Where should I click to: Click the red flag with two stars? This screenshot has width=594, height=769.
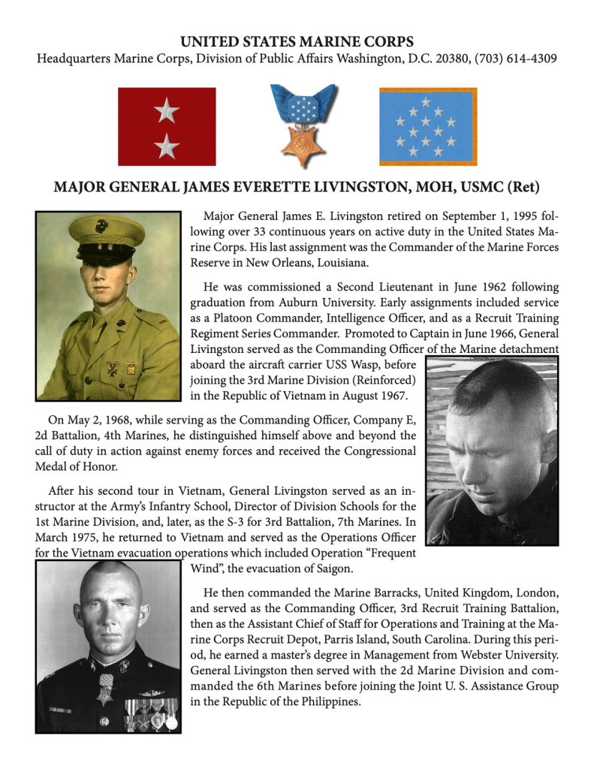(167, 126)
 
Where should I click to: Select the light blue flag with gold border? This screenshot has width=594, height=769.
(427, 126)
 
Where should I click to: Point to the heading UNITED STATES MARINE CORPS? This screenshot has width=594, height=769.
(297, 41)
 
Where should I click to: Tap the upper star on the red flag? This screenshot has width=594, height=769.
(166, 112)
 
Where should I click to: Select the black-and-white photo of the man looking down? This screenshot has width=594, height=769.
(492, 450)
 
